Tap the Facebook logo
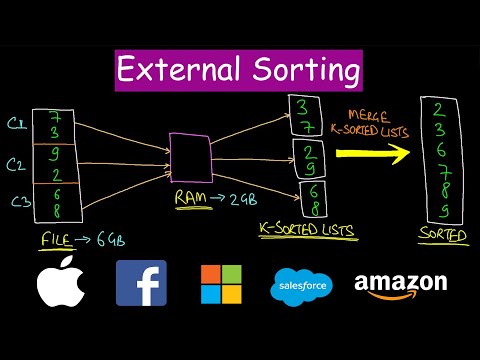[141, 283]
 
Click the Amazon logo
[400, 285]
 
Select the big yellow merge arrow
[371, 154]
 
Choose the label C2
[17, 164]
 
